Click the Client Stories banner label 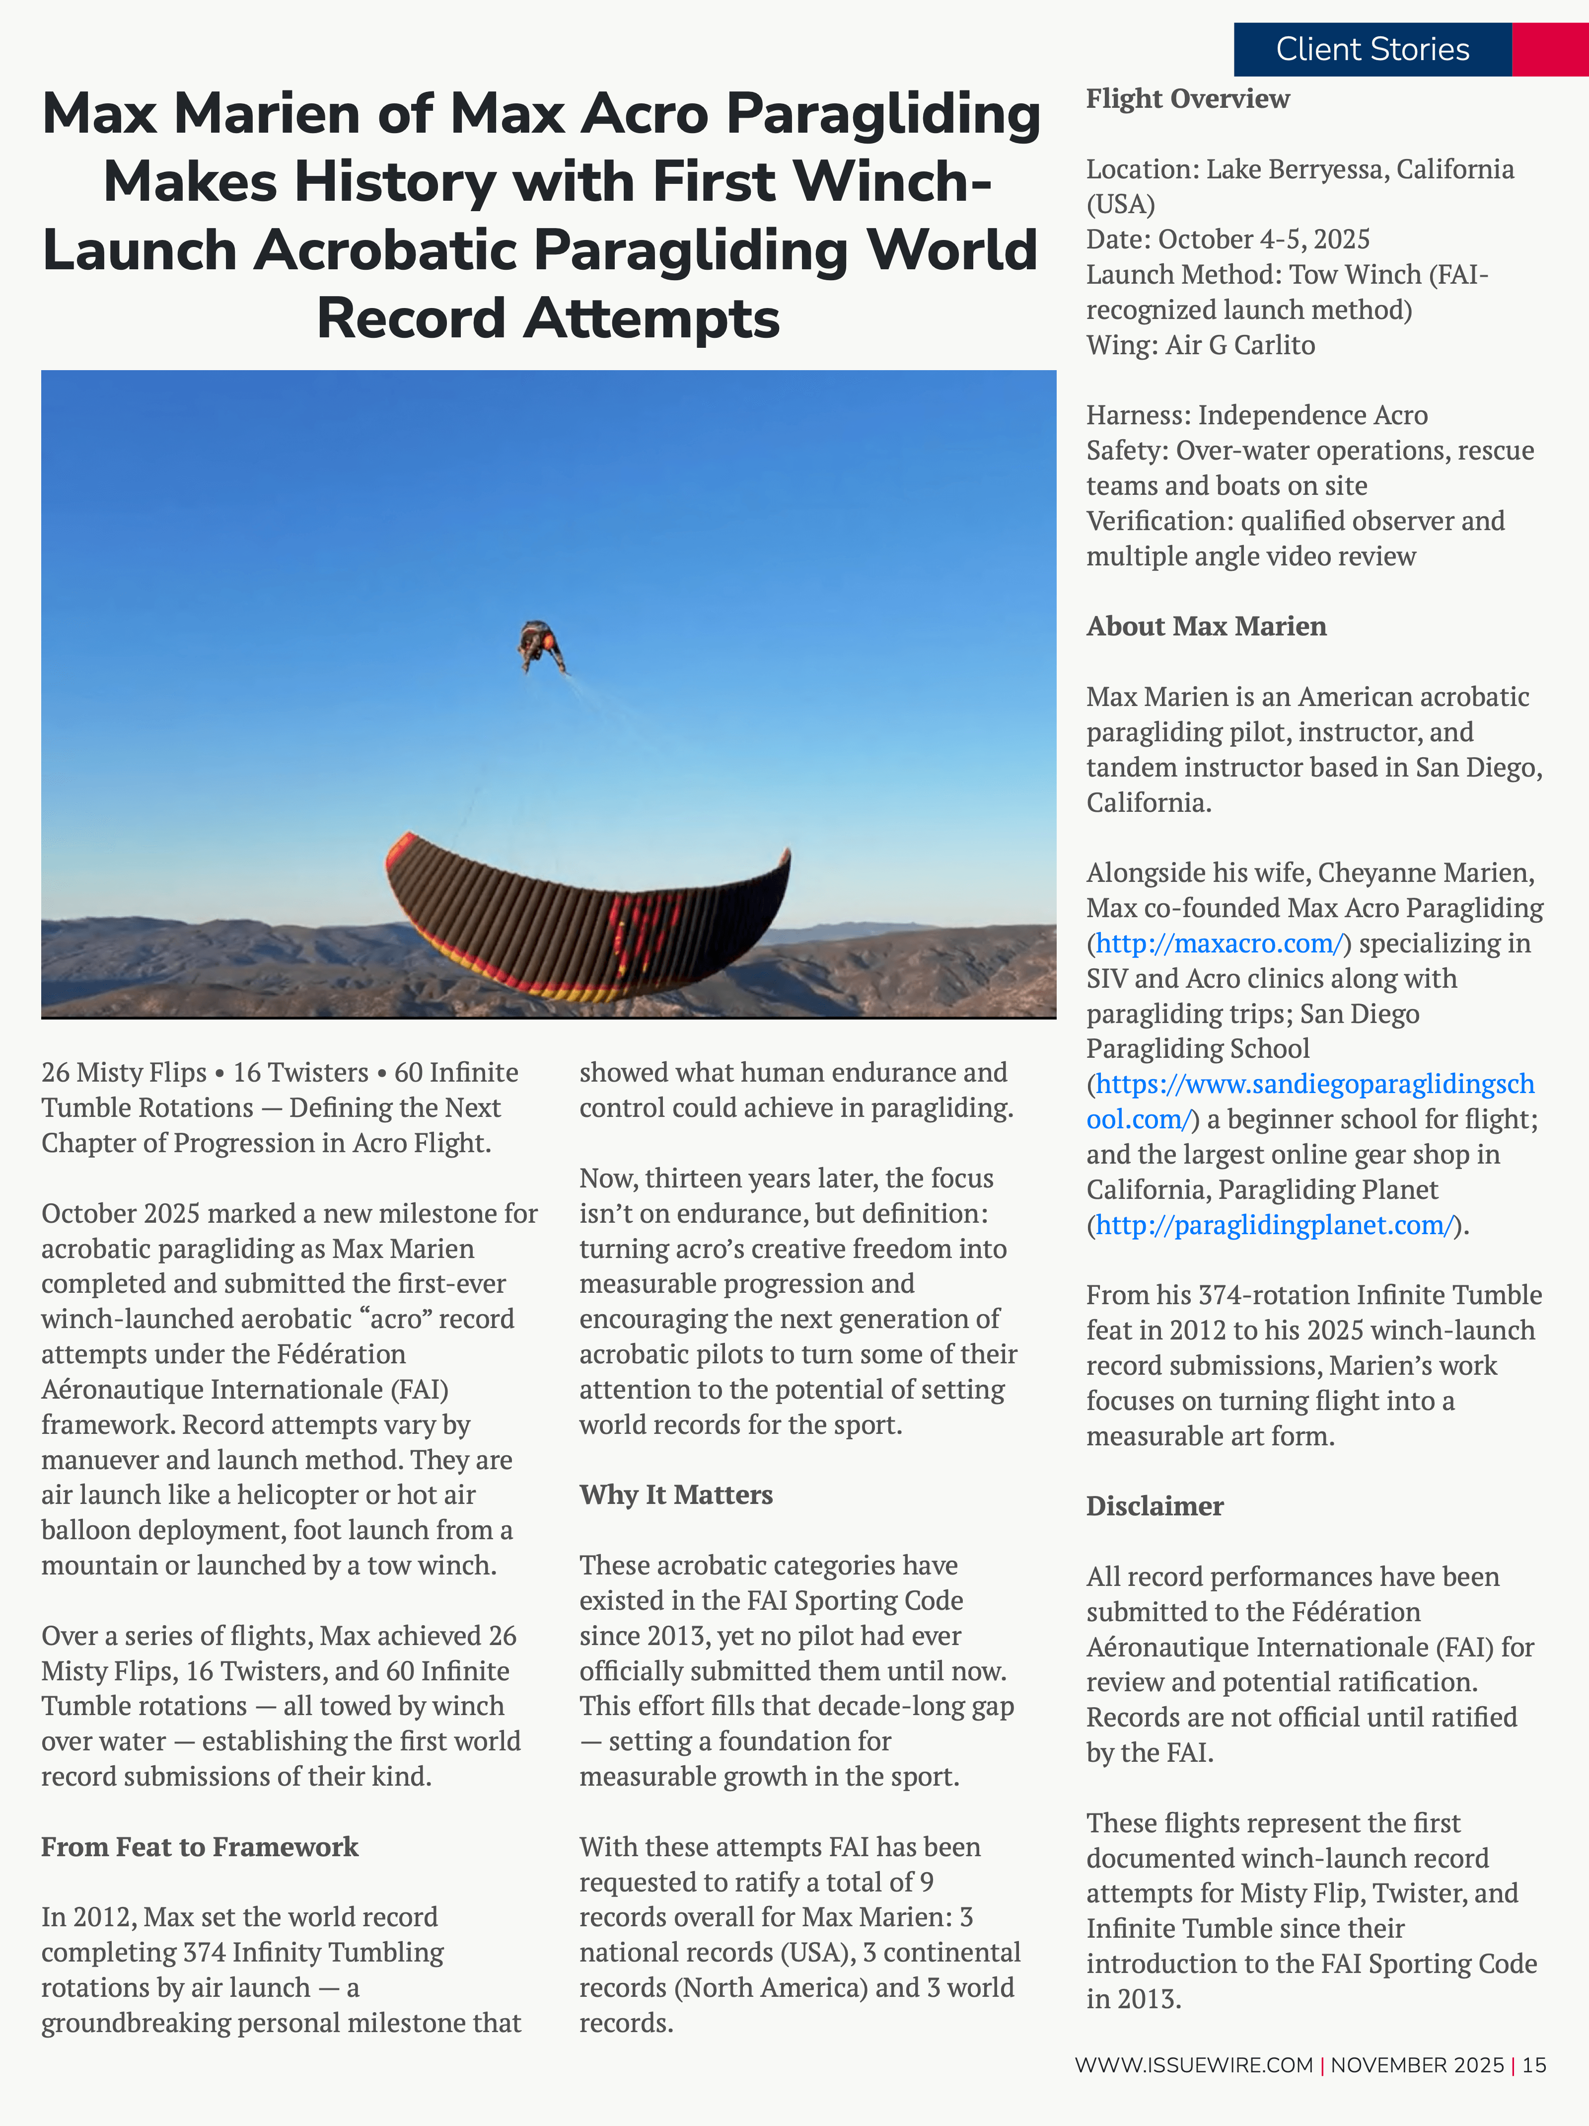pos(1372,49)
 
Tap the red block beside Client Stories pos(1550,49)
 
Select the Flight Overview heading pos(1187,99)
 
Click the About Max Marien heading pos(1206,627)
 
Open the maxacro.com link pos(1218,944)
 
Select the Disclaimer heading pos(1155,1506)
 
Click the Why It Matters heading pos(675,1495)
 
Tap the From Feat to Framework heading pos(199,1847)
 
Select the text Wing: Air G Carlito pos(1200,345)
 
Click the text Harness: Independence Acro pos(1257,415)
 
